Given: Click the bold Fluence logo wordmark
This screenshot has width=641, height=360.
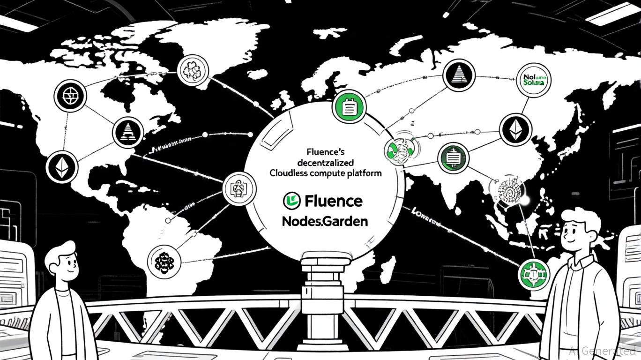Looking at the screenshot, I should click(x=333, y=201).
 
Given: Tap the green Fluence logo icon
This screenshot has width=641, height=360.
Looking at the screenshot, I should click(x=291, y=201).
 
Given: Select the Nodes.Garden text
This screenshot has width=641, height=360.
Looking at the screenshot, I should click(x=325, y=221).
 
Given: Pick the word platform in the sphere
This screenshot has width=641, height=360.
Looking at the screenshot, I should click(x=363, y=173).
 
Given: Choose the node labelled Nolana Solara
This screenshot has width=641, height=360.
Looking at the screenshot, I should click(x=535, y=80).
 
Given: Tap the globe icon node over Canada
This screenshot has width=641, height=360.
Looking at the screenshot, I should click(x=70, y=96).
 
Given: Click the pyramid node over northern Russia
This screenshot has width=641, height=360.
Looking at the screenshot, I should click(x=459, y=75).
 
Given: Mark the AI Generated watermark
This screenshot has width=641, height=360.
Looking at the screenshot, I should click(x=602, y=350).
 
